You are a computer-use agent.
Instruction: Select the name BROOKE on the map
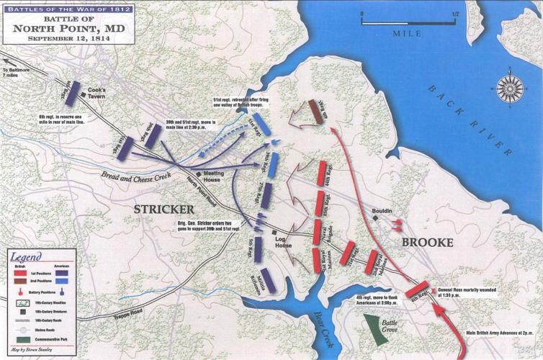tap(428, 243)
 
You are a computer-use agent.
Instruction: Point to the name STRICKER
tap(168, 208)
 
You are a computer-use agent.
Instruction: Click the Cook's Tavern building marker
tap(83, 101)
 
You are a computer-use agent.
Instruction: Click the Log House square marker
tap(274, 233)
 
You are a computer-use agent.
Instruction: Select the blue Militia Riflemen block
tap(269, 279)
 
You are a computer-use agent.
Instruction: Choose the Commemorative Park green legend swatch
tap(22, 338)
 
